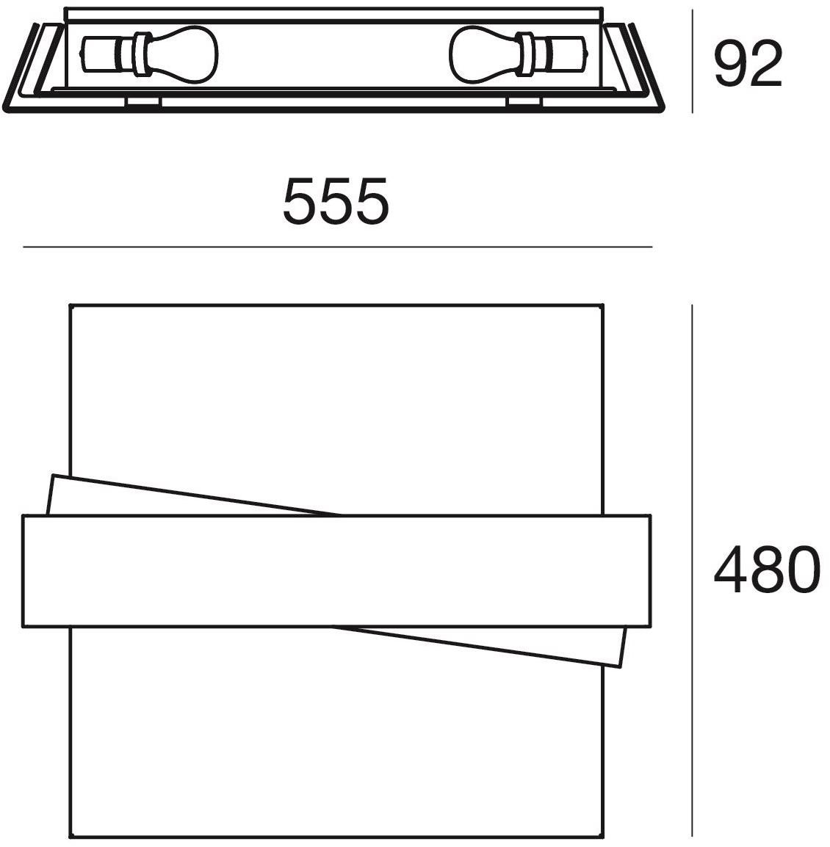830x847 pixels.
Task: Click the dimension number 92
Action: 748,64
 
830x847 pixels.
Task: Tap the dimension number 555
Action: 336,201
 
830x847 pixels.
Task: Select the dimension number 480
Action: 767,570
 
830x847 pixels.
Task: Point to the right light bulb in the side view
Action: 518,54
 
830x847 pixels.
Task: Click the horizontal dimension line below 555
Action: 337,247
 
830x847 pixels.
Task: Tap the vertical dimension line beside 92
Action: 693,60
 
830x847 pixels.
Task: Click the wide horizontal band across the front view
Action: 336,572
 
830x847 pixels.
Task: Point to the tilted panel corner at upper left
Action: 53,476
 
